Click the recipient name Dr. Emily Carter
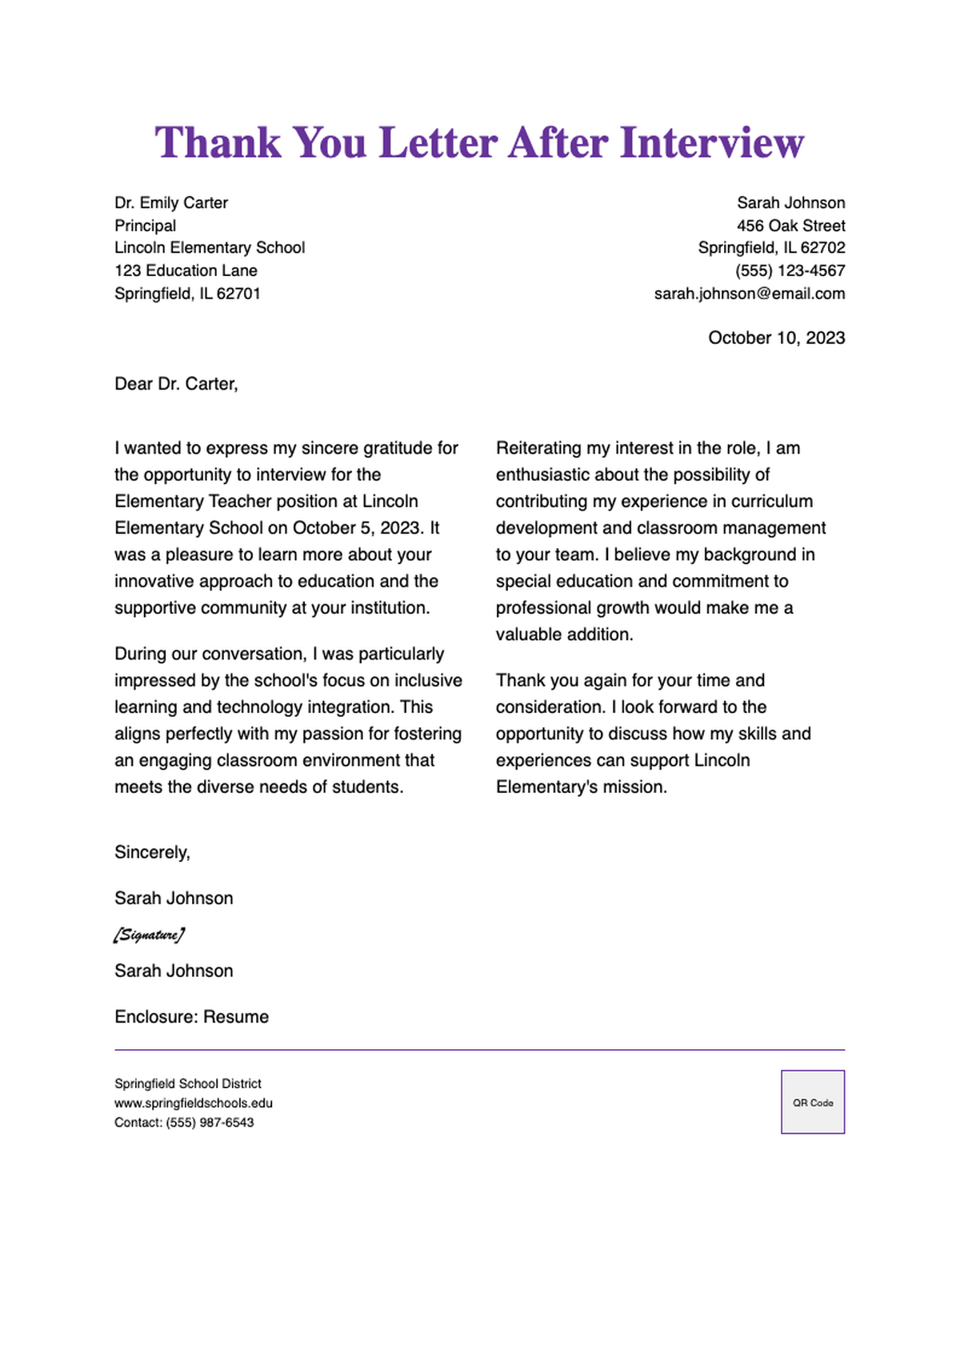pos(171,203)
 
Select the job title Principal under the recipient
pos(145,226)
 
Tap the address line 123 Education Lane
pos(186,270)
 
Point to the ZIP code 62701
pos(238,294)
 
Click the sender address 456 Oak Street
pos(790,226)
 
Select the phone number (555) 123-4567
pos(790,270)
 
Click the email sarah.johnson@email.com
pos(749,294)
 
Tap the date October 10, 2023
pos(776,338)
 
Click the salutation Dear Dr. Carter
pos(176,384)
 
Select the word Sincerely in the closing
pos(151,852)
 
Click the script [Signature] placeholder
pos(149,935)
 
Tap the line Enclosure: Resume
pos(191,1017)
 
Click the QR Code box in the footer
pos(812,1102)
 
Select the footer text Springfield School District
pos(187,1084)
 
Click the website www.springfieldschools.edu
pos(193,1103)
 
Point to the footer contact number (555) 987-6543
pos(210,1123)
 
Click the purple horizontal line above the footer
pos(479,1050)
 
